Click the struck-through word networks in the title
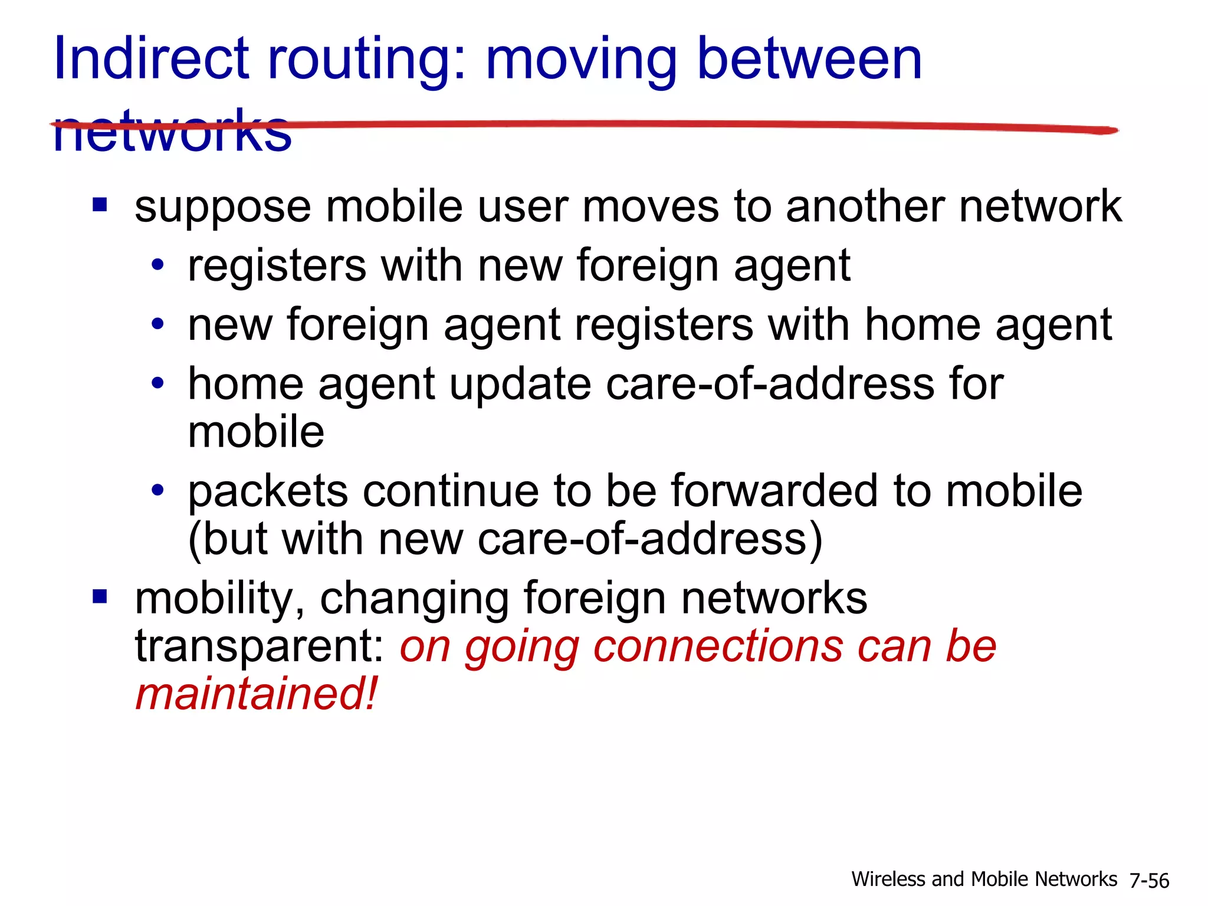[x=172, y=131]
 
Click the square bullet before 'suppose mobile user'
[x=100, y=205]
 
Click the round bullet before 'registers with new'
[x=157, y=265]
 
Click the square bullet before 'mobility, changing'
[x=100, y=597]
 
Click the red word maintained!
[x=256, y=694]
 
